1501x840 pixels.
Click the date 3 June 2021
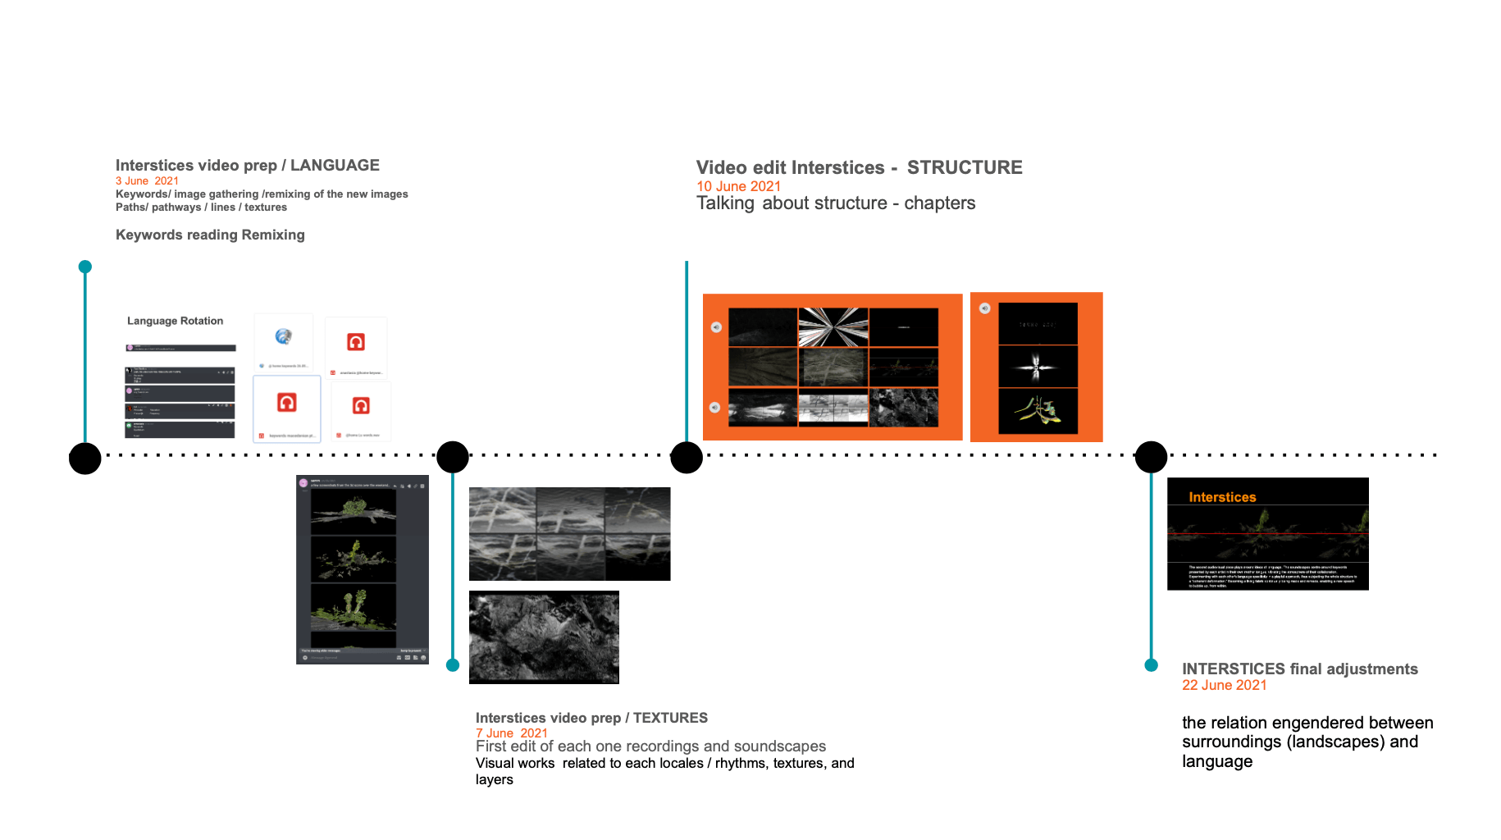tap(147, 181)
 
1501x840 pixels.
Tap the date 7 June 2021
tap(511, 733)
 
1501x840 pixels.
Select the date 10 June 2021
tap(738, 186)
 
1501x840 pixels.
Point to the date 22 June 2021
tap(1224, 685)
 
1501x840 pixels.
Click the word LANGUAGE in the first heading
tap(335, 166)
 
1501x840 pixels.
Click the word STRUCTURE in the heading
tap(964, 168)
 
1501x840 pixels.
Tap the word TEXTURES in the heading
tap(670, 718)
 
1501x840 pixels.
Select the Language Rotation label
tap(175, 321)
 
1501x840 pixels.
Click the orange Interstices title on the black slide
tap(1222, 497)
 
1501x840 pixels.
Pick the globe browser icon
tap(283, 336)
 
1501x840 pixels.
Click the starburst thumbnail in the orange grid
tap(833, 327)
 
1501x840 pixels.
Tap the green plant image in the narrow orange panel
tap(1038, 410)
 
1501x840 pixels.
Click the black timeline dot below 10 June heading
tap(687, 457)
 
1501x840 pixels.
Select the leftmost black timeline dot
tap(85, 458)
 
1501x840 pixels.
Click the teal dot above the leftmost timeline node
tap(85, 267)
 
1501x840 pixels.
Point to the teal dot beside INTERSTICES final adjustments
tap(1151, 665)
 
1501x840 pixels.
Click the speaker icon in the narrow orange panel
tap(984, 308)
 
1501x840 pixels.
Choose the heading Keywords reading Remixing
tap(210, 235)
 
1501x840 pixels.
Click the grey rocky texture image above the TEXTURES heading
tap(544, 637)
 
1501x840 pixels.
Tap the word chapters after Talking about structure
tap(939, 203)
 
